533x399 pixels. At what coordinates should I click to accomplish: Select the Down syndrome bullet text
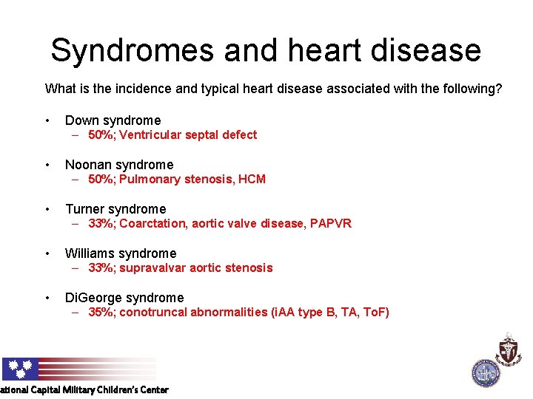click(x=113, y=120)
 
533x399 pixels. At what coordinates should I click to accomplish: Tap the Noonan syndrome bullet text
click(x=119, y=165)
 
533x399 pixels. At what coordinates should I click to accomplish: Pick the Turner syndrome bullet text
click(x=115, y=209)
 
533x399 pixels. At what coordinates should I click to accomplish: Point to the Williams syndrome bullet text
click(x=121, y=253)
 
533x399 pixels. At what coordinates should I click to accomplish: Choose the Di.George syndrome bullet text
click(x=124, y=298)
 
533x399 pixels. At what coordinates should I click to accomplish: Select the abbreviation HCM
click(x=252, y=180)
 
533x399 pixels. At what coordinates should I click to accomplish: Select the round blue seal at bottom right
click(x=486, y=372)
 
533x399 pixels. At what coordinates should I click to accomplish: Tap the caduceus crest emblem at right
click(x=509, y=349)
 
